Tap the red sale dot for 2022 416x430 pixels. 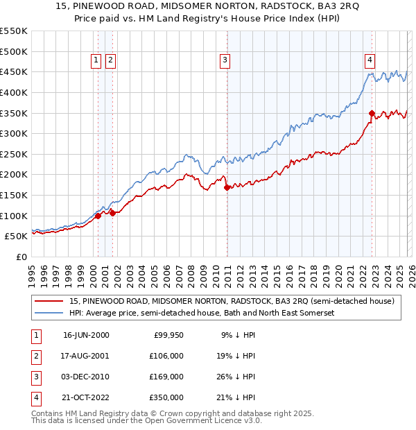[372, 113]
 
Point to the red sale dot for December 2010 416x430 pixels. [227, 187]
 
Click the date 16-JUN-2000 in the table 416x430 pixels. [86, 335]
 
